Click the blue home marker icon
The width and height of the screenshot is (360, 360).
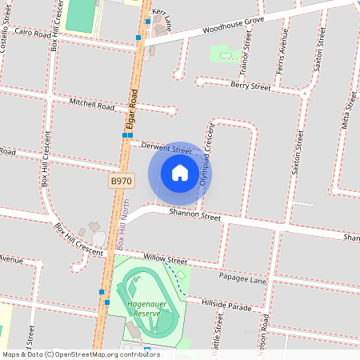(x=180, y=172)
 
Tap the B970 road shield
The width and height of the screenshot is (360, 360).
(x=121, y=182)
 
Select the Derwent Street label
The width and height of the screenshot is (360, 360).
(x=166, y=147)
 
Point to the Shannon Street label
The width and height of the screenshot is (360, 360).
(x=194, y=214)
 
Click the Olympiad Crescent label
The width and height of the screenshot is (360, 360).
(x=207, y=155)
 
